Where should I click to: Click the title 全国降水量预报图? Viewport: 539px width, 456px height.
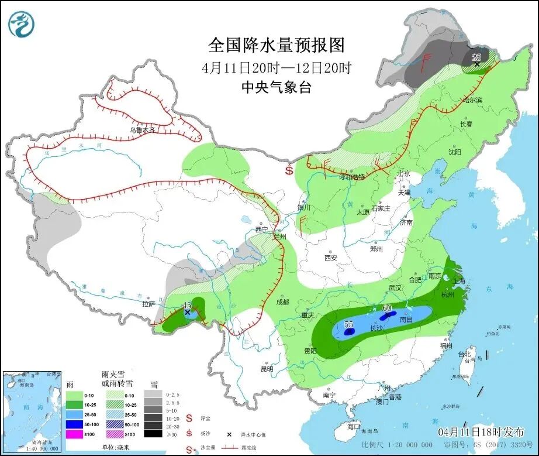click(277, 45)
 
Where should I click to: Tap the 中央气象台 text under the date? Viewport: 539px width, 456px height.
click(277, 88)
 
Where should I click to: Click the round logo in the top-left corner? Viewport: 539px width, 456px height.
click(22, 23)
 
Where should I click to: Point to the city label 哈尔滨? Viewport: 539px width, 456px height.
click(472, 101)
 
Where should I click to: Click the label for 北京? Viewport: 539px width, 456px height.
click(403, 174)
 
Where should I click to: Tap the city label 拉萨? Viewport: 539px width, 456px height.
click(149, 304)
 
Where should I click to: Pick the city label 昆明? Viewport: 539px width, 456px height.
click(267, 369)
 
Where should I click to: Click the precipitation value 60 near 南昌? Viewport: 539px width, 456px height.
click(386, 308)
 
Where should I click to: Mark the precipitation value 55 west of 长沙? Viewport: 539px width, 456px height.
click(349, 324)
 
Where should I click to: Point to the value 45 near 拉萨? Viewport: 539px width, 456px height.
click(187, 306)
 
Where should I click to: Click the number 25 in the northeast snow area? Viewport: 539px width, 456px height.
click(476, 57)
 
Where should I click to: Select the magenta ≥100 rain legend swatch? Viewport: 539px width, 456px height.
click(74, 434)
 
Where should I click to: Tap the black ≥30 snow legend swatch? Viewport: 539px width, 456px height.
click(153, 434)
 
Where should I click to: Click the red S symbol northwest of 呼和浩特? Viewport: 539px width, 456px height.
click(289, 171)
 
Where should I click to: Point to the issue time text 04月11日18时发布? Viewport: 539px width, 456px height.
click(481, 431)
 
